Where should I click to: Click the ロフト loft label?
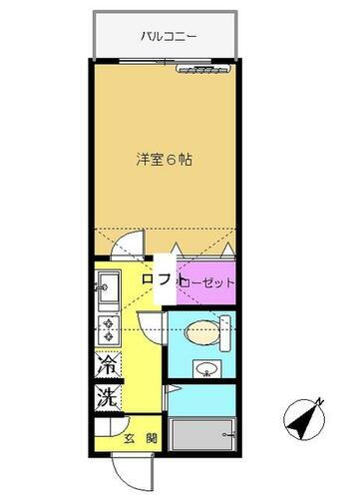click(x=160, y=281)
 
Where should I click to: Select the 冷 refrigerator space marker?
click(x=107, y=366)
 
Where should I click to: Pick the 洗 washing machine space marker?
click(x=107, y=395)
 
